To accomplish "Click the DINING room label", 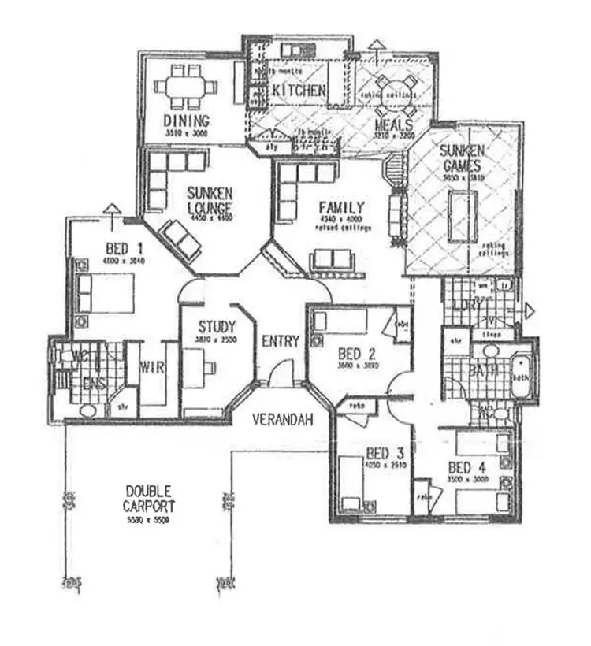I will [x=187, y=121].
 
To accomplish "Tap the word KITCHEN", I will [x=299, y=91].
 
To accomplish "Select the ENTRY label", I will [x=281, y=341].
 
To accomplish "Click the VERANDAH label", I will [x=282, y=420].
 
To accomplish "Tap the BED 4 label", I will [x=467, y=466].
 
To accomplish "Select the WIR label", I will [x=151, y=367].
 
